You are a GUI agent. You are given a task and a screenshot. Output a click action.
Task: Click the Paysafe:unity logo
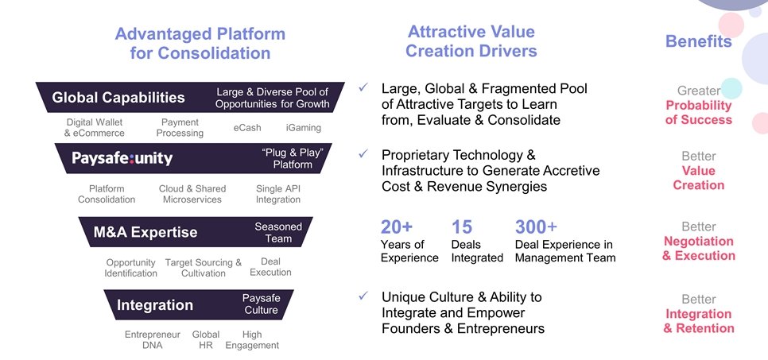[x=122, y=158]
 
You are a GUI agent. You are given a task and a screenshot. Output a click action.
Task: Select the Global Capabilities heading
[x=118, y=98]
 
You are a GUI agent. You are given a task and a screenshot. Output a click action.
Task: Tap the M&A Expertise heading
[x=145, y=232]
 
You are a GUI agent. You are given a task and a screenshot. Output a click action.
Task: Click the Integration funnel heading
[x=155, y=305]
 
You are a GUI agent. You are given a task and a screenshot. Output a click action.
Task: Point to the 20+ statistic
[x=398, y=227]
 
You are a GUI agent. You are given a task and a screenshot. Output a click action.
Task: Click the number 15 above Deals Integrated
[x=463, y=227]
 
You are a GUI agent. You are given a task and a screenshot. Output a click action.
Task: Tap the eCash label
[x=247, y=127]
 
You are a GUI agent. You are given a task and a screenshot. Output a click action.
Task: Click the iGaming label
[x=304, y=127]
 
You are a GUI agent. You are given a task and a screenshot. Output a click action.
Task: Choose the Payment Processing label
[x=180, y=128]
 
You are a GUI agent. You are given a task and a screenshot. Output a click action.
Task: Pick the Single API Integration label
[x=278, y=194]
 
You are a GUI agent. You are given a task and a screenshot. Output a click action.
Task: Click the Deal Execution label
[x=270, y=267]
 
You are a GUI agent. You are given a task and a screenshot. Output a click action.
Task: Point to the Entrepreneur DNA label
[x=153, y=340]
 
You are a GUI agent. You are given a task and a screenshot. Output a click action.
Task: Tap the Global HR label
[x=206, y=340]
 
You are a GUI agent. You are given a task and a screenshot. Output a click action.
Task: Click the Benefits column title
[x=698, y=42]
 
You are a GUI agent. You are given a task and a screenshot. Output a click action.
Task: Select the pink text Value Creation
[x=698, y=178]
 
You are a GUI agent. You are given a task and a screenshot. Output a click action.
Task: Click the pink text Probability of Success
[x=698, y=113]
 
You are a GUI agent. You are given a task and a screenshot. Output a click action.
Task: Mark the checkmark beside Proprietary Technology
[x=363, y=153]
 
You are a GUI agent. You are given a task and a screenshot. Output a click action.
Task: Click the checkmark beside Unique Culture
[x=363, y=296]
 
